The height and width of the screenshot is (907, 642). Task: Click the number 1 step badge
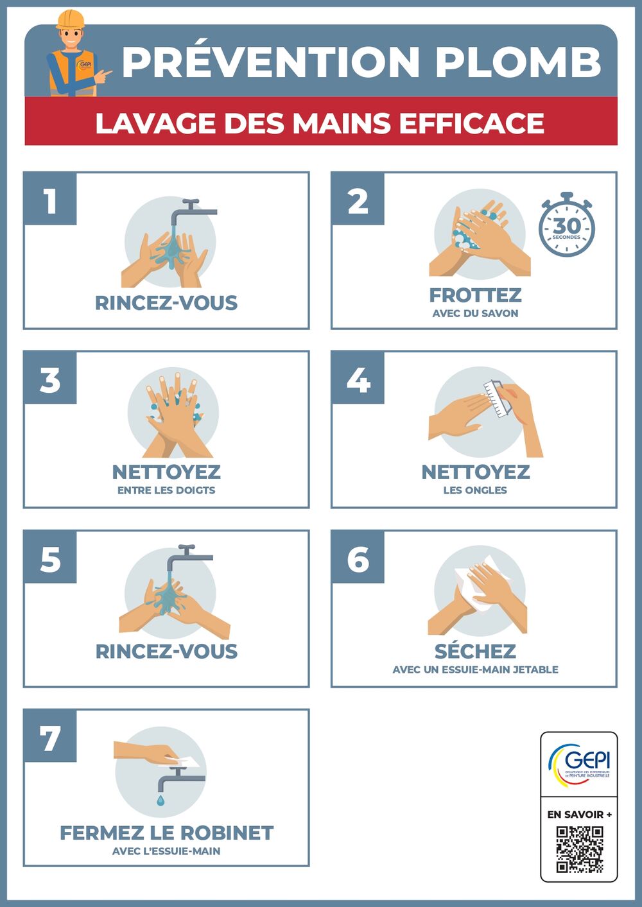[x=50, y=198]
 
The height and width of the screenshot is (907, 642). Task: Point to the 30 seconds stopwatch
[x=566, y=225]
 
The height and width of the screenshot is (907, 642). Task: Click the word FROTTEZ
[x=475, y=295]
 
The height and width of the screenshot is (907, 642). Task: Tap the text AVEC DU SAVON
[x=475, y=313]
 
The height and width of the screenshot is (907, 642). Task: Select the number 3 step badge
[x=50, y=378]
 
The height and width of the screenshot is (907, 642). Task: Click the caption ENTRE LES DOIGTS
[x=166, y=490]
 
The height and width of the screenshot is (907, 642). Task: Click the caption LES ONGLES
[x=475, y=490]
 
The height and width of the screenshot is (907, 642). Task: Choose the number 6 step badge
[x=358, y=557]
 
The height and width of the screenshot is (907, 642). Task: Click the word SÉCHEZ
[x=475, y=651]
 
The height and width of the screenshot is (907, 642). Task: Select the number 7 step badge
[x=50, y=736]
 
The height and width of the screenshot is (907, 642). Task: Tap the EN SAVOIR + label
[x=579, y=815]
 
